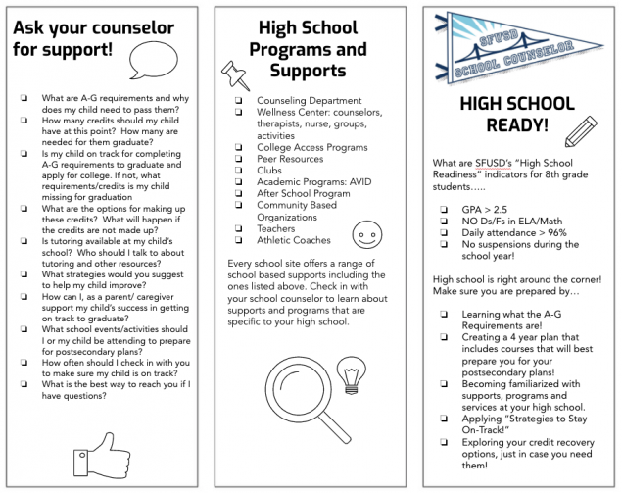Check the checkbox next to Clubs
click(240, 170)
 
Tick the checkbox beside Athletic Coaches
click(240, 240)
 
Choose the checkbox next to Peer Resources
click(240, 158)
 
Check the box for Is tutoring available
click(24, 240)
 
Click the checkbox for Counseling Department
click(240, 100)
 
